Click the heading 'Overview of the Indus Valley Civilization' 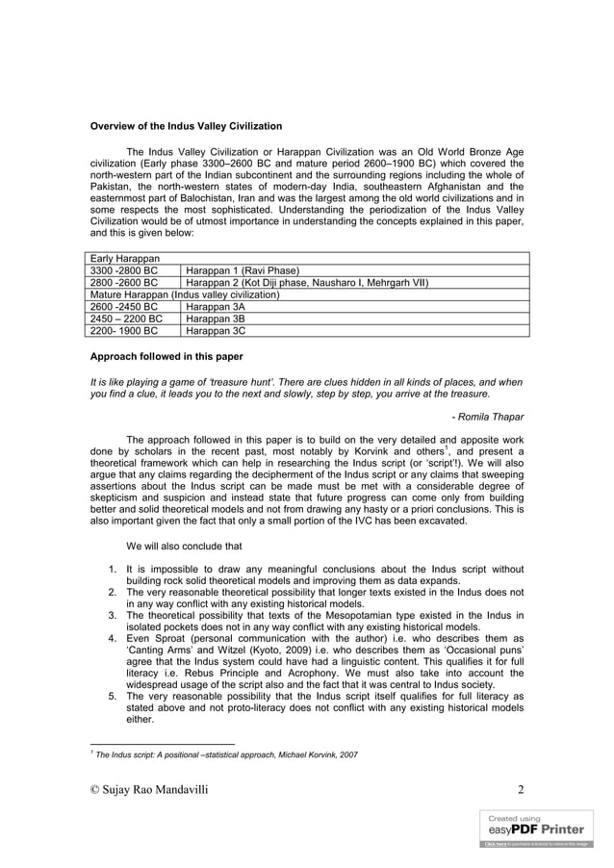pos(186,126)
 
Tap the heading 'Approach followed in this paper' pos(166,357)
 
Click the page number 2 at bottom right pos(521,790)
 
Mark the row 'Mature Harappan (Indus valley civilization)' pos(184,294)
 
